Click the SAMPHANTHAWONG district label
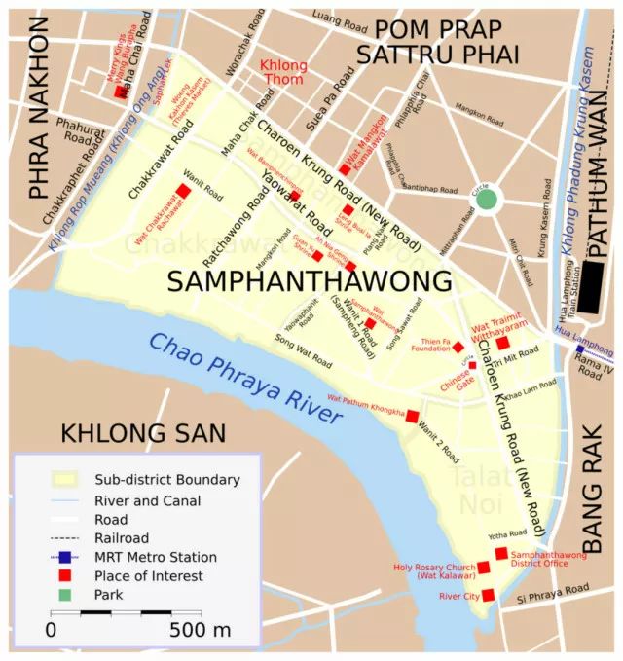coord(310,281)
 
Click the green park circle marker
coord(487,200)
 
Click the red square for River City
coord(488,595)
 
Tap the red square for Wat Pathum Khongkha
coord(412,416)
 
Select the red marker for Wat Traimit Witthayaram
coord(503,343)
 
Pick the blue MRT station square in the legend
coord(64,558)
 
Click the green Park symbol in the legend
coord(64,595)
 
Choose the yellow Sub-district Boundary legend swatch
coord(64,480)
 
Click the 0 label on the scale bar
coord(51,630)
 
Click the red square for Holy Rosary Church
coord(483,568)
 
